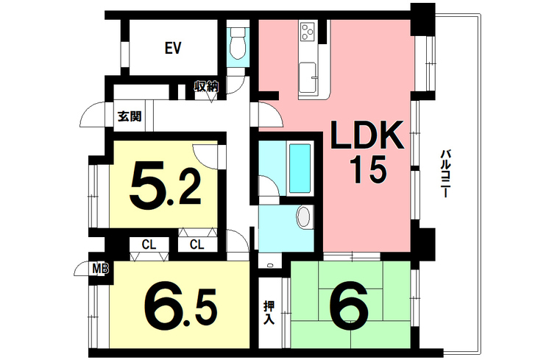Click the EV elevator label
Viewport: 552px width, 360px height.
point(173,49)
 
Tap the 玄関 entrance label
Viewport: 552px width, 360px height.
point(130,116)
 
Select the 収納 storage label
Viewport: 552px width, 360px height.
point(207,87)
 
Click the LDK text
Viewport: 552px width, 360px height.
point(366,137)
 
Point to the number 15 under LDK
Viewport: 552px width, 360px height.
point(366,172)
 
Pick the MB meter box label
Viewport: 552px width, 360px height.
point(99,269)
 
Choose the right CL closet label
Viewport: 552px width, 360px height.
point(197,244)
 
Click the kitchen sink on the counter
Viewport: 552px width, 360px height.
point(306,73)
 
